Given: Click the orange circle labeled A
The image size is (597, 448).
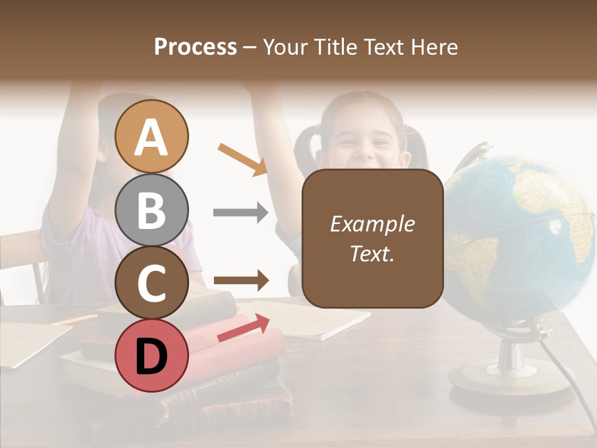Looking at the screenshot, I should (x=152, y=136).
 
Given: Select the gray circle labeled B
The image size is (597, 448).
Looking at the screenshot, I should (x=152, y=210).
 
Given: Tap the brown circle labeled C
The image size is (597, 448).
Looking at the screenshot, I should (x=152, y=282).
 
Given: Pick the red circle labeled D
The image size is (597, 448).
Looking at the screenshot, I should (x=152, y=355).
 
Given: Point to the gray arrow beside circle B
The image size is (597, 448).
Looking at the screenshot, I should (x=240, y=213).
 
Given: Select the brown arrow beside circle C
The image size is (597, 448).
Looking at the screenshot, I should (x=240, y=281).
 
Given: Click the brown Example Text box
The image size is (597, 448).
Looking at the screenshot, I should (x=373, y=238).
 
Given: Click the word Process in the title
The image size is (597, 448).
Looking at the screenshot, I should (x=195, y=47).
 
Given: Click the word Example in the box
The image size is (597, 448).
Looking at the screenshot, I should (x=373, y=224).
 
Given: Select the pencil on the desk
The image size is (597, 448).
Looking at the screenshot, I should (x=75, y=320).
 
